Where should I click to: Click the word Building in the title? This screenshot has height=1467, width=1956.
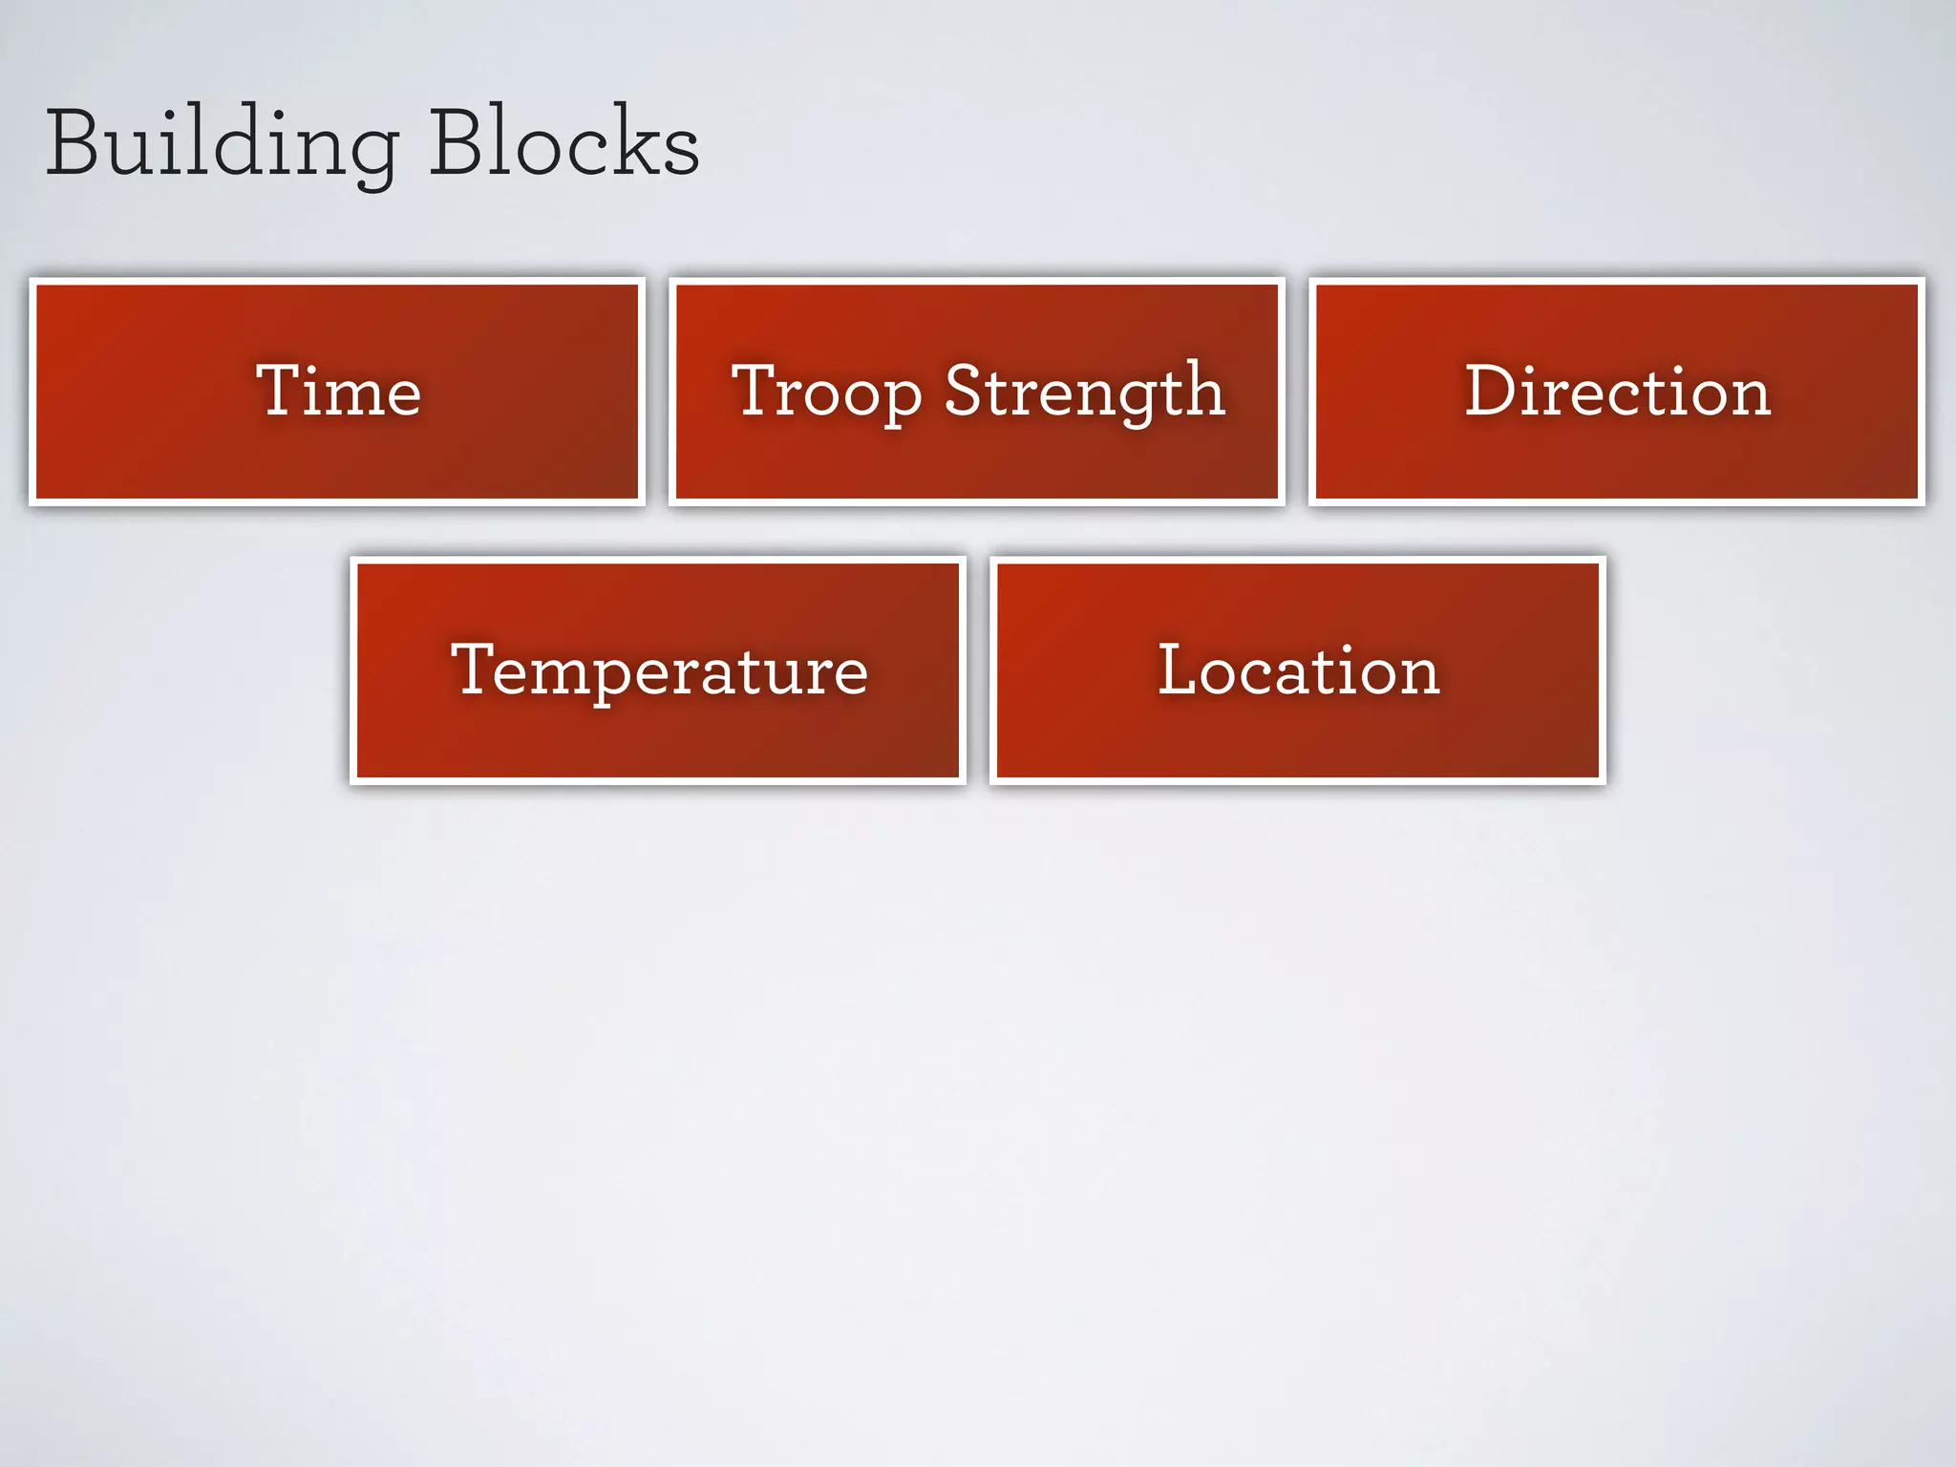(x=222, y=143)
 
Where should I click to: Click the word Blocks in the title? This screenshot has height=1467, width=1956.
(x=563, y=143)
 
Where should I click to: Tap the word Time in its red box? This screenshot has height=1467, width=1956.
(x=338, y=392)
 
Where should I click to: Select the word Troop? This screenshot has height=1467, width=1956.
(x=826, y=392)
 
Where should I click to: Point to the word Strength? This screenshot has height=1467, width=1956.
(x=1084, y=392)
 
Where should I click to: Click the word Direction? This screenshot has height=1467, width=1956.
(x=1617, y=392)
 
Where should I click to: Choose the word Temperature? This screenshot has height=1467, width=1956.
(x=659, y=670)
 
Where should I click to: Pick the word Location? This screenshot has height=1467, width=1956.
(x=1298, y=670)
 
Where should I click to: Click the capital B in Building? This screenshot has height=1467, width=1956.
(x=73, y=143)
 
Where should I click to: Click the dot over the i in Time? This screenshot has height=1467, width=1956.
(x=318, y=366)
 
